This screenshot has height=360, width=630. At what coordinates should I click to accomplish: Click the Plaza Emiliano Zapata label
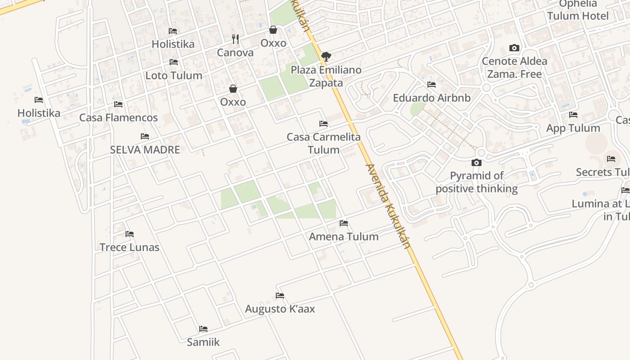tap(326, 76)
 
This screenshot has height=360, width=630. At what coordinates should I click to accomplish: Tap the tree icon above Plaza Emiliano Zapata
tap(326, 56)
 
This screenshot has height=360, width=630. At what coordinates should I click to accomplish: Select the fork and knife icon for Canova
tap(235, 39)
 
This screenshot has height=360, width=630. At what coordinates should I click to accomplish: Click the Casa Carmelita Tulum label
tap(324, 143)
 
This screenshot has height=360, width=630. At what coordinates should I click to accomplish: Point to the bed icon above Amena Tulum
tap(344, 223)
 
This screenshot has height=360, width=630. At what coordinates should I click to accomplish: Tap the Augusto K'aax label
tap(280, 309)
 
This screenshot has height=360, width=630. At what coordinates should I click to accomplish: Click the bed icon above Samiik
tap(203, 329)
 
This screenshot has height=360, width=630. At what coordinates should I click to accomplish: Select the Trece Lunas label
tap(130, 247)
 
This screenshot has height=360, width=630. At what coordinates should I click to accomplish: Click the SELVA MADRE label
tap(145, 150)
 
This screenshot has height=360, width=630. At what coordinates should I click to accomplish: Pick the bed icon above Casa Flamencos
tap(118, 104)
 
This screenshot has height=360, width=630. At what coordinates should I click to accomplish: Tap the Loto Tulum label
tap(174, 75)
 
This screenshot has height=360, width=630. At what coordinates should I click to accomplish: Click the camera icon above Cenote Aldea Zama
tap(514, 48)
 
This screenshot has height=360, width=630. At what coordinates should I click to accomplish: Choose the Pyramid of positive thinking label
tap(477, 182)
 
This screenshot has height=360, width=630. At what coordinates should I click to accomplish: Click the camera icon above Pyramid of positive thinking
tap(476, 162)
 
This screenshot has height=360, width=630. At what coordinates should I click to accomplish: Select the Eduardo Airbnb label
tap(432, 98)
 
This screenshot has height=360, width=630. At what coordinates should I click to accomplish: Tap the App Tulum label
tap(573, 128)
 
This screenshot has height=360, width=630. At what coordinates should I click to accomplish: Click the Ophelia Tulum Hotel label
tap(578, 10)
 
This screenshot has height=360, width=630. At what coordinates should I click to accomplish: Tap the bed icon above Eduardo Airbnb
tap(432, 85)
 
